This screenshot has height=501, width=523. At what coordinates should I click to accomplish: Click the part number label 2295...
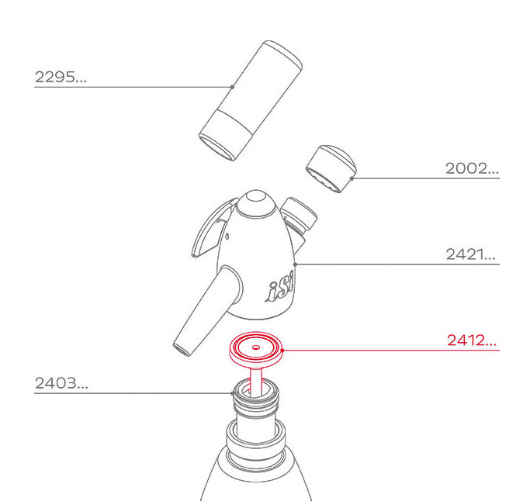tap(61, 77)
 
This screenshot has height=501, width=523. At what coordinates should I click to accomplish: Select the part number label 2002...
tap(471, 168)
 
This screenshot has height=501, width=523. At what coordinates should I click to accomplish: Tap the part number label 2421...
tap(470, 254)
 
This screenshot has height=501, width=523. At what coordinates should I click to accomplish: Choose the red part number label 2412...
tap(471, 340)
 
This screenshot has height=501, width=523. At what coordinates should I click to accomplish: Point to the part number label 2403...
tap(61, 382)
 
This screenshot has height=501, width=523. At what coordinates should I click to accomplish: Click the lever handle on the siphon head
tap(209, 230)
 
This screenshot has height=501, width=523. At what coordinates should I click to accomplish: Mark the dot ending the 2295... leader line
tap(232, 86)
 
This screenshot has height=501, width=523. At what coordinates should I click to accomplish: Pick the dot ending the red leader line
tap(283, 350)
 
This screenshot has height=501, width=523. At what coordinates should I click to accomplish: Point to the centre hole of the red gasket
tap(257, 347)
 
